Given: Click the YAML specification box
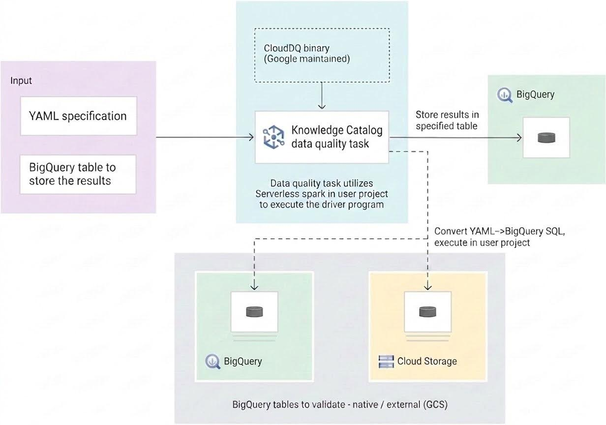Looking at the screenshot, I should (x=78, y=116).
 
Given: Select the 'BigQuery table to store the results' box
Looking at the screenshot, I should (x=78, y=174).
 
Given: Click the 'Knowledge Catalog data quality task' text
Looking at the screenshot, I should (x=336, y=137).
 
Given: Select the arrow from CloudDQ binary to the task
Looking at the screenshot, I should (x=322, y=96).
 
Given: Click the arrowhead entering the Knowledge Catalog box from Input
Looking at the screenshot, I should (x=251, y=137).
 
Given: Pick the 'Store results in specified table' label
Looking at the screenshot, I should (x=447, y=120).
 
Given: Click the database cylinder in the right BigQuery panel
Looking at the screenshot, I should (x=546, y=138).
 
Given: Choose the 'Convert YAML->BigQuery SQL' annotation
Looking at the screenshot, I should (x=499, y=237).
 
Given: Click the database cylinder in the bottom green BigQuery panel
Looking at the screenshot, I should (x=254, y=311).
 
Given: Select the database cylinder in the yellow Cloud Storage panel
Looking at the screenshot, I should (x=424, y=311).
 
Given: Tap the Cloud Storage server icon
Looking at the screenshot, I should (x=387, y=362).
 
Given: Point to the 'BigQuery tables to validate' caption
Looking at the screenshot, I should (x=339, y=405).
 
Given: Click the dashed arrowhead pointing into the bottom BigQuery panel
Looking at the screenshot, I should (x=254, y=286).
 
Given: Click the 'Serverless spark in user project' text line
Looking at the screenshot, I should (x=322, y=193).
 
